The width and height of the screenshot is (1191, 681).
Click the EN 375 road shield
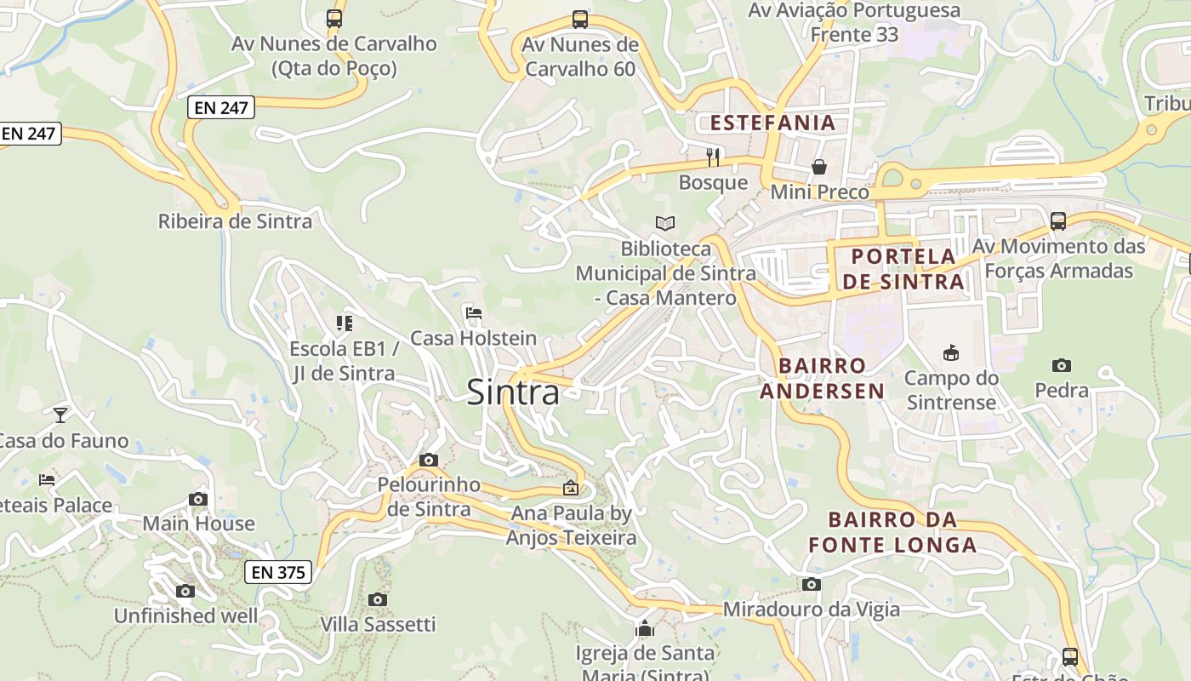tap(278, 572)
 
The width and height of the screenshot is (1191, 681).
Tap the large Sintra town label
tap(513, 392)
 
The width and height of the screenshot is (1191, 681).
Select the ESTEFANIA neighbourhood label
tap(772, 123)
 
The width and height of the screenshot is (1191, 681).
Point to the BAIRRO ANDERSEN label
tap(822, 378)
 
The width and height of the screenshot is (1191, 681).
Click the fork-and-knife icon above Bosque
tap(713, 157)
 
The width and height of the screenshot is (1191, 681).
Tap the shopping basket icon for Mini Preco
tap(818, 167)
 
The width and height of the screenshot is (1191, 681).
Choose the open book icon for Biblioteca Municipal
tap(665, 223)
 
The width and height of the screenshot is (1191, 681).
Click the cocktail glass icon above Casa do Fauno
tap(60, 415)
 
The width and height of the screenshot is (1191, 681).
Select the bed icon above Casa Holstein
tap(474, 313)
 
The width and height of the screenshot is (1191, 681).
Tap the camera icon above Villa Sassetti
tap(378, 599)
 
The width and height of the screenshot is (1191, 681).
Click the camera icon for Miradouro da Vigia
tap(811, 584)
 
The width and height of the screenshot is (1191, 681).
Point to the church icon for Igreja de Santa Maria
tap(645, 629)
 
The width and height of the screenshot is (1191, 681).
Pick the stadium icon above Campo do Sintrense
tap(950, 352)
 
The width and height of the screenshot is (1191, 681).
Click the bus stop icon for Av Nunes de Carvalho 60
tap(580, 19)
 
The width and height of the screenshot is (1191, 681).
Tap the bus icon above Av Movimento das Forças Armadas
tap(1058, 221)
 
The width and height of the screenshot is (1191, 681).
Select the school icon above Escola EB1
tap(344, 323)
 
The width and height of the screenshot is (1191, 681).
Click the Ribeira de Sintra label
tap(235, 221)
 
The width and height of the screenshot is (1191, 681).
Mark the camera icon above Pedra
tap(1061, 365)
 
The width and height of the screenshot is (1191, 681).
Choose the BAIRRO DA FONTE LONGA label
tap(892, 532)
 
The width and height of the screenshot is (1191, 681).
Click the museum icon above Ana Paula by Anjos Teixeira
tap(571, 488)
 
